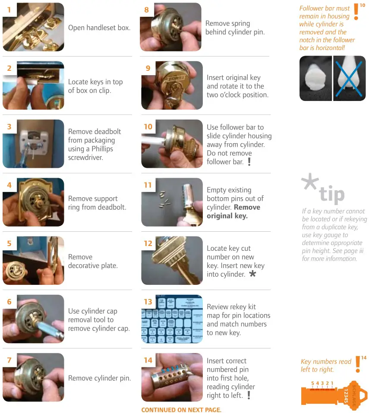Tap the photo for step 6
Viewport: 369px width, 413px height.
(x=33, y=319)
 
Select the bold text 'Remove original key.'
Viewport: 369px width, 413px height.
(x=233, y=211)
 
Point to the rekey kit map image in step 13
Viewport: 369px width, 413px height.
(x=172, y=319)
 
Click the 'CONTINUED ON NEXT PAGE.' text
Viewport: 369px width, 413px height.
(x=181, y=410)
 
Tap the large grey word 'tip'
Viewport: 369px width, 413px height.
(x=331, y=195)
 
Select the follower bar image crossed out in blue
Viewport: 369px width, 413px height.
(x=349, y=79)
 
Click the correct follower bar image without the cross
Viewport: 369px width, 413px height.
(x=315, y=79)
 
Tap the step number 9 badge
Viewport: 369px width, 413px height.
(x=148, y=68)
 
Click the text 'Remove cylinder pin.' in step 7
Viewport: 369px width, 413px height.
(x=99, y=378)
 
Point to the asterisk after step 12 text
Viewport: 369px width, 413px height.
(x=252, y=274)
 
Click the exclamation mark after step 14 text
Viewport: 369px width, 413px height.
(x=249, y=395)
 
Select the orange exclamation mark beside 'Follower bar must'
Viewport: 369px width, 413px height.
(x=356, y=12)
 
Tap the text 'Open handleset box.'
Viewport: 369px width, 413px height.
(x=99, y=28)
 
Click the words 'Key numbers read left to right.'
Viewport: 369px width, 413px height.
(x=323, y=366)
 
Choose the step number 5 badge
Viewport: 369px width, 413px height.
(x=9, y=243)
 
